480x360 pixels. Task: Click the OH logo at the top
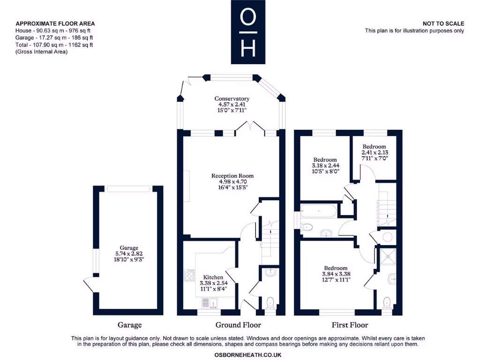247,32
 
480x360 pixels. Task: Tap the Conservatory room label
232,99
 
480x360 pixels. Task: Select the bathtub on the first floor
318,212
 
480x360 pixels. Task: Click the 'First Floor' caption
350,325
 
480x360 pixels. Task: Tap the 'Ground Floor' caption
238,325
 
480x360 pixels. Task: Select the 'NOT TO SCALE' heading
443,23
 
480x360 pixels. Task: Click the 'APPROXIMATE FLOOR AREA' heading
55,23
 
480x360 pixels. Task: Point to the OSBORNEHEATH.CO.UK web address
247,355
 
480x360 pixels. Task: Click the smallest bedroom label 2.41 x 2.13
374,152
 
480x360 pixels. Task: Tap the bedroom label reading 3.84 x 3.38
336,274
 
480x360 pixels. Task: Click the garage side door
88,284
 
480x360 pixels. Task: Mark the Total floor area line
54,45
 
